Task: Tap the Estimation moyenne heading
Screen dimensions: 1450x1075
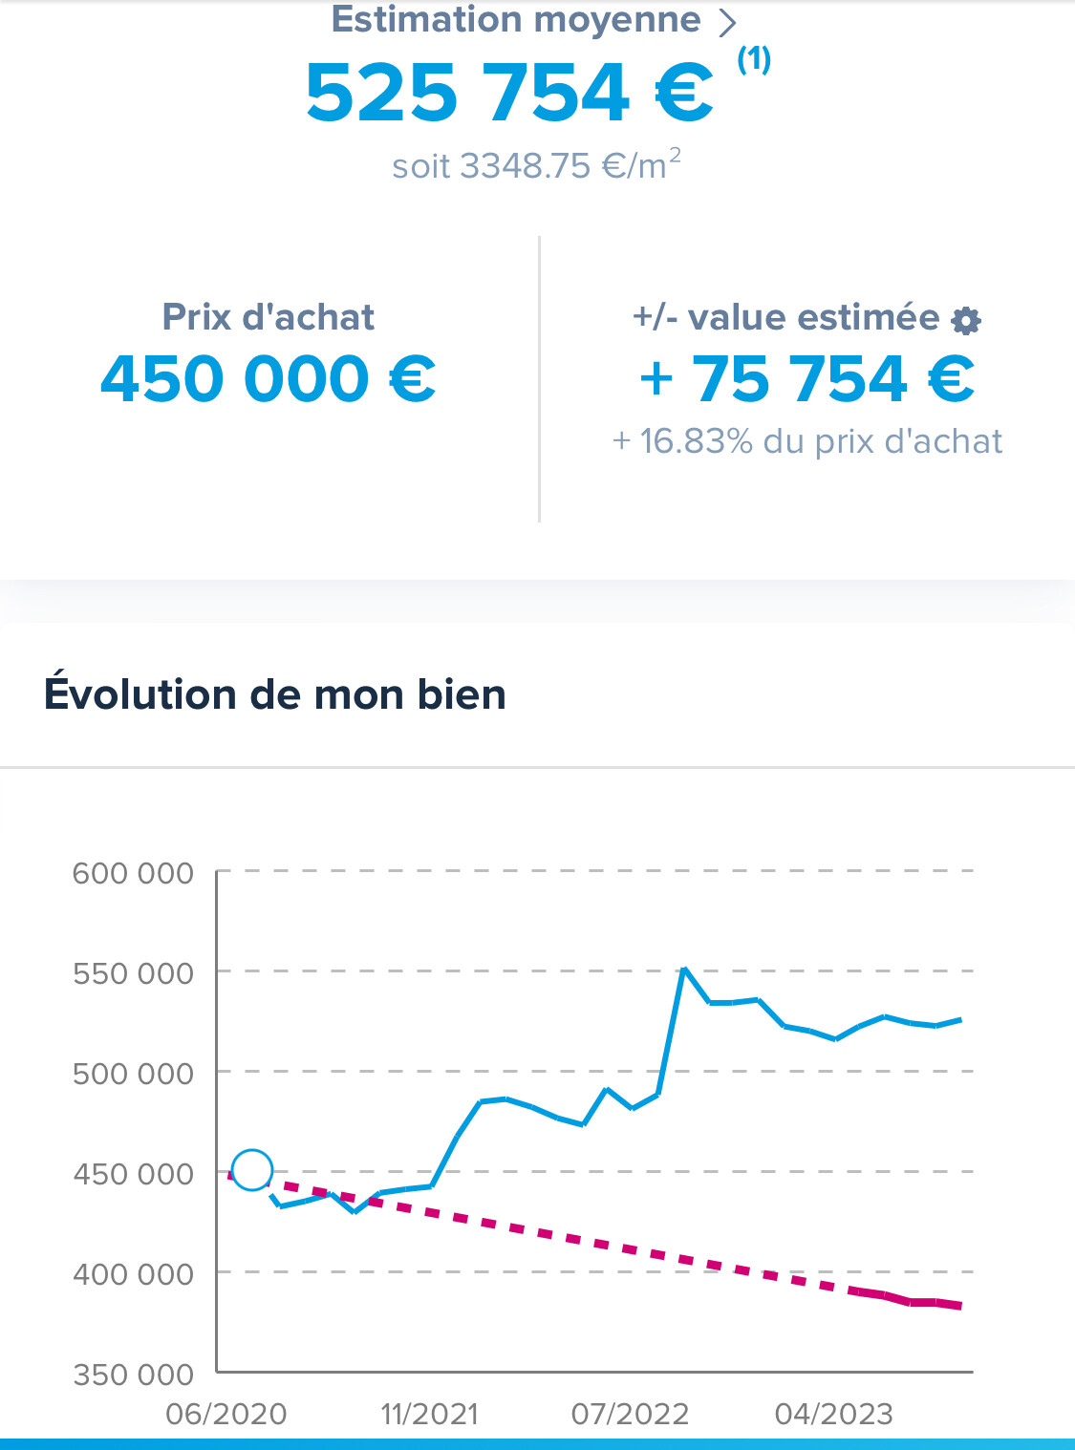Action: (516, 20)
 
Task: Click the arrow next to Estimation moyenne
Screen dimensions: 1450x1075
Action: (727, 21)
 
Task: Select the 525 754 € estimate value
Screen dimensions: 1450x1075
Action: (509, 94)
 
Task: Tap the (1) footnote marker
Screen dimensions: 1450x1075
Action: (754, 59)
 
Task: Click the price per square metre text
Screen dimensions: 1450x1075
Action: (536, 165)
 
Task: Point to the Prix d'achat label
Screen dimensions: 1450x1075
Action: (269, 317)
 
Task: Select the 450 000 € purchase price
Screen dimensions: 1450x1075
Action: (269, 378)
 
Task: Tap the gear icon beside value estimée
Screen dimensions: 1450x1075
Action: (966, 321)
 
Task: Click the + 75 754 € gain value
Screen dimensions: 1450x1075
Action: (807, 378)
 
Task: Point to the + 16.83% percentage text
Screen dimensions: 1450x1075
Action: (807, 441)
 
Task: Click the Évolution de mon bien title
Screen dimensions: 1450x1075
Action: (275, 694)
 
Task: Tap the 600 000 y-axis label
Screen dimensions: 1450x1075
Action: (133, 873)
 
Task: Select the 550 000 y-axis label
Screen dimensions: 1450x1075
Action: (133, 973)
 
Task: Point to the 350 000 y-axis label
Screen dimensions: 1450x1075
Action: (133, 1375)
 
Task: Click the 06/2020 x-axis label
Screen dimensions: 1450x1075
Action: (226, 1414)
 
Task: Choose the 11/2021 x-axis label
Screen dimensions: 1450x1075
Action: (429, 1414)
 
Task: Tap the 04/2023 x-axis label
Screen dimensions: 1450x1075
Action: (833, 1414)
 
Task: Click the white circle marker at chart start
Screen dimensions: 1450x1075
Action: (252, 1169)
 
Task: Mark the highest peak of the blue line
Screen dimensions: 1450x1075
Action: (684, 969)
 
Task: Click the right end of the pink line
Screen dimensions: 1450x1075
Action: (958, 1306)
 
